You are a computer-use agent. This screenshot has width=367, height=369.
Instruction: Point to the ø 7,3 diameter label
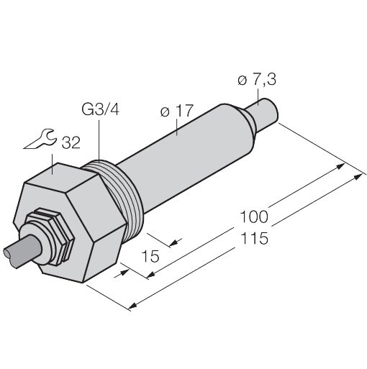point(256,81)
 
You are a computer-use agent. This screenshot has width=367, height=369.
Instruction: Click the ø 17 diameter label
point(176,111)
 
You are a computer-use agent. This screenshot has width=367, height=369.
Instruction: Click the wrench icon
point(40,140)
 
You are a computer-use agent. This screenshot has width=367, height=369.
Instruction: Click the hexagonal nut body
point(86,223)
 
